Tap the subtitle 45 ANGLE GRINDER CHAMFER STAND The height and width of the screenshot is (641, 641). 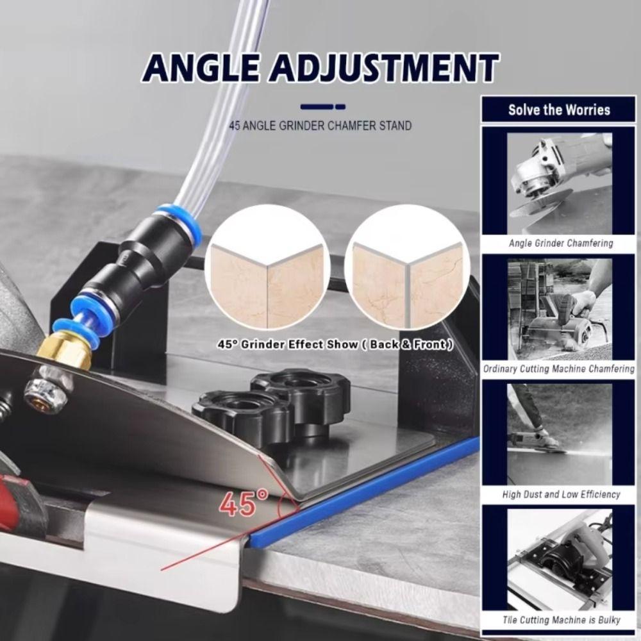320,126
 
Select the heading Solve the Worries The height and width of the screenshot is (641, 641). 559,110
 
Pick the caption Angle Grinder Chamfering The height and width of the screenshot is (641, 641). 561,244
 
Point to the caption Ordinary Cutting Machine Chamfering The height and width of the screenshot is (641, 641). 558,369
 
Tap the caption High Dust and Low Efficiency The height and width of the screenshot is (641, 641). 561,494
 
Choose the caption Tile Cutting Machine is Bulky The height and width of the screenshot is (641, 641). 561,620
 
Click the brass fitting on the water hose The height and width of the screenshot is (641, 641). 64,352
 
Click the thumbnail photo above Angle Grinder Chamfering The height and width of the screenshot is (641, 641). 560,184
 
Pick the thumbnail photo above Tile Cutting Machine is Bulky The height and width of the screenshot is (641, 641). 560,560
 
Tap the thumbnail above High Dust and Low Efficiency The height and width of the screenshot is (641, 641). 560,435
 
